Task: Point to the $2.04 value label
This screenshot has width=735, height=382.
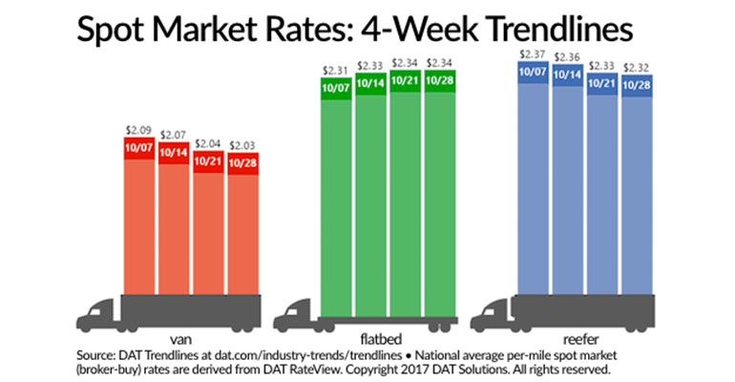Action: (208, 142)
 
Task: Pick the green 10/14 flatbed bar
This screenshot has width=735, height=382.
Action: (370, 191)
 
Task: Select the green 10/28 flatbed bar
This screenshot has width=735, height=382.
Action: (439, 191)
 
